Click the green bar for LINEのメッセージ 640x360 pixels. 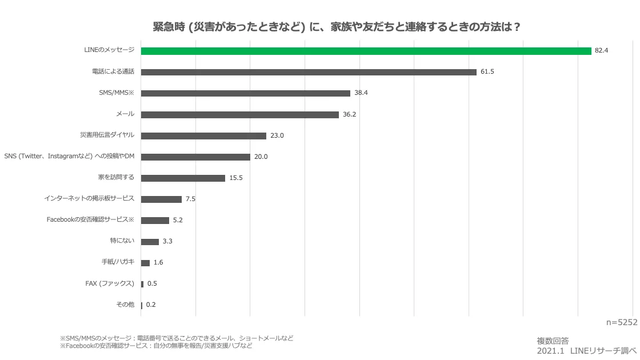tap(366, 51)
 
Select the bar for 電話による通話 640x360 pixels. tap(309, 72)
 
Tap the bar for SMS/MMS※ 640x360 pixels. tap(245, 93)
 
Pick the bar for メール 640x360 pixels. tap(239, 114)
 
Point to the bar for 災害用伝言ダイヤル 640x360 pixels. tap(203, 136)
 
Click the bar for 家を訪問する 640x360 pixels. tap(183, 178)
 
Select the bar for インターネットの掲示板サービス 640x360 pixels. tap(161, 199)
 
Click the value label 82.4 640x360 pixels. tap(601, 51)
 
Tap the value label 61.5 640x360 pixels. tap(487, 72)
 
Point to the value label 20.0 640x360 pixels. tap(261, 157)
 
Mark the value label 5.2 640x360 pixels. tap(178, 220)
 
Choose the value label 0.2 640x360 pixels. tap(151, 305)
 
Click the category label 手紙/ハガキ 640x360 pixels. tap(117, 262)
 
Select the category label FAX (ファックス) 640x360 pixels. tap(109, 283)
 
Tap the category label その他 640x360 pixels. tap(125, 305)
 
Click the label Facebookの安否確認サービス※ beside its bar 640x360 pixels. tap(90, 220)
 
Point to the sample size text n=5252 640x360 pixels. tap(621, 322)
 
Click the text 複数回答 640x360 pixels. tap(553, 341)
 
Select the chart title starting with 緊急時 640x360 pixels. tap(337, 27)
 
